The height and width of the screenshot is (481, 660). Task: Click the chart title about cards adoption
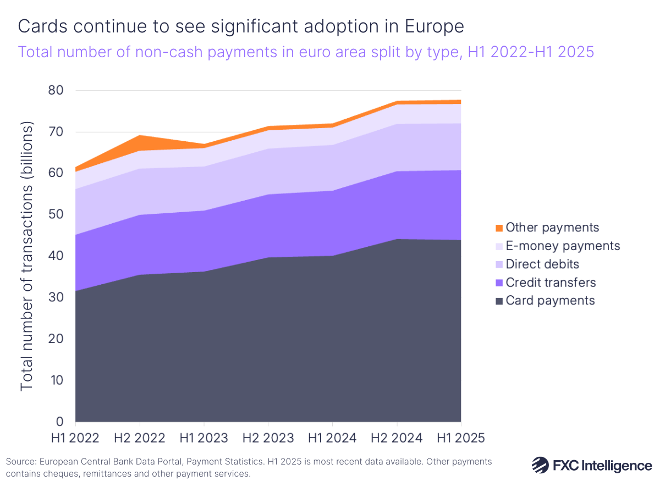click(x=241, y=26)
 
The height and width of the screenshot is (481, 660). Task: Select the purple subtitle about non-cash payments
click(x=306, y=52)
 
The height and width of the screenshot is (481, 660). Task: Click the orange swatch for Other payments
click(x=499, y=228)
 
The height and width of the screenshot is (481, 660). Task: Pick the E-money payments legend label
click(x=563, y=246)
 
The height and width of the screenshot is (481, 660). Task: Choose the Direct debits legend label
click(x=542, y=264)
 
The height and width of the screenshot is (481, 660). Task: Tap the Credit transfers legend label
click(x=551, y=283)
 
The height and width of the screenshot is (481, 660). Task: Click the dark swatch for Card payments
click(x=499, y=301)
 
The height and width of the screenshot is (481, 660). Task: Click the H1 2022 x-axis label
click(x=75, y=438)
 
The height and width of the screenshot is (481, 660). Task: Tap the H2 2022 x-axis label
click(x=140, y=438)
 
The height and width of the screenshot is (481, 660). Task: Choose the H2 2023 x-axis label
click(x=268, y=438)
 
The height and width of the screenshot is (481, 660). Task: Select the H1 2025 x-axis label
click(x=460, y=438)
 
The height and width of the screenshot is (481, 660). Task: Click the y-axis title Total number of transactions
click(x=27, y=256)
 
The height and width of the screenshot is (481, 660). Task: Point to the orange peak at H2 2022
click(x=140, y=140)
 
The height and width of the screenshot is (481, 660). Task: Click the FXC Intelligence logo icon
click(x=540, y=465)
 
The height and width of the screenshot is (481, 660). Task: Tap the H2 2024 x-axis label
click(x=397, y=438)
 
